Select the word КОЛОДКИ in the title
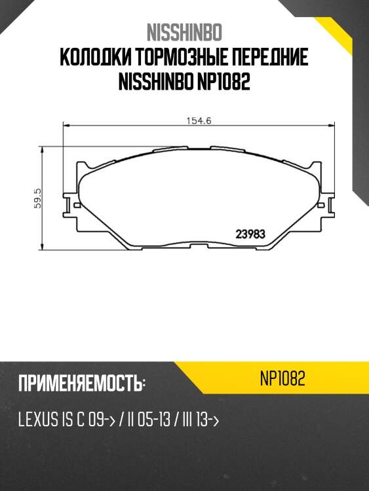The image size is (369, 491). click(92, 59)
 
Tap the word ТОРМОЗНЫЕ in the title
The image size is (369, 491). click(176, 59)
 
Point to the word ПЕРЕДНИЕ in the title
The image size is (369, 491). click(267, 59)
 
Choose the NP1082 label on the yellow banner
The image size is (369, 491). click(282, 379)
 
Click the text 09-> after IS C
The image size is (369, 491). click(101, 420)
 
